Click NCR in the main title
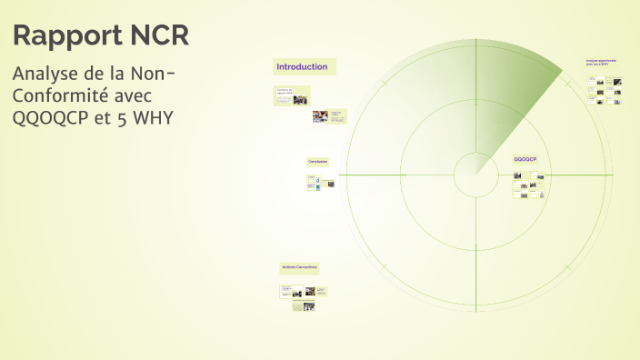[x=158, y=36]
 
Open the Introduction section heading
[x=302, y=67]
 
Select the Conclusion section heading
[x=317, y=162]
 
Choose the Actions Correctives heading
[x=299, y=267]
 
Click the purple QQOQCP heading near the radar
[x=525, y=159]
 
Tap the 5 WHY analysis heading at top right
[x=601, y=62]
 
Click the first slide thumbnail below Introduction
[x=291, y=95]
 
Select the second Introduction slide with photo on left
[x=326, y=116]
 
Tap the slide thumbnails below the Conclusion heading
[x=320, y=182]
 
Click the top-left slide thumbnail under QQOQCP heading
[x=519, y=175]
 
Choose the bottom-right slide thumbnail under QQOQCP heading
[x=535, y=195]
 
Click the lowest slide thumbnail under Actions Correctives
[x=303, y=307]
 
